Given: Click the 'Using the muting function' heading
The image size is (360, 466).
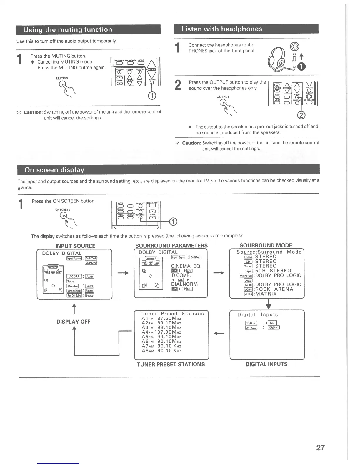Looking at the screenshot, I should [x=68, y=30].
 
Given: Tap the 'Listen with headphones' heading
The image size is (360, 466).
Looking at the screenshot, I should [x=221, y=29].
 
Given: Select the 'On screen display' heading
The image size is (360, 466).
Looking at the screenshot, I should [x=54, y=170].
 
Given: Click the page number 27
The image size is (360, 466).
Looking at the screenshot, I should [x=320, y=447].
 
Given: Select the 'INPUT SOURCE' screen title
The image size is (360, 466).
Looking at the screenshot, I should [x=75, y=246].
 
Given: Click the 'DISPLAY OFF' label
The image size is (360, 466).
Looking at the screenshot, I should [x=74, y=322].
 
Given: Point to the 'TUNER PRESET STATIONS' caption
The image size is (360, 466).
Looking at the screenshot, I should [x=171, y=364].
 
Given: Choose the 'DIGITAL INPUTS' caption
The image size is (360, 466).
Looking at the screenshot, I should [x=266, y=364].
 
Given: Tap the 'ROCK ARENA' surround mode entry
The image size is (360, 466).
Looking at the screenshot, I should [x=274, y=289].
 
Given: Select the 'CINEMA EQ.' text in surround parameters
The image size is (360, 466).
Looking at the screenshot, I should [x=186, y=266].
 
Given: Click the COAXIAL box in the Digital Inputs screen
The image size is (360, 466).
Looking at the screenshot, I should [x=251, y=323].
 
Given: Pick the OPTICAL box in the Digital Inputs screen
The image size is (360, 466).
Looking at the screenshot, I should [x=251, y=328].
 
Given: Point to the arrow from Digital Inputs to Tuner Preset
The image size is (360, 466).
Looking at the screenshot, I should [x=219, y=333].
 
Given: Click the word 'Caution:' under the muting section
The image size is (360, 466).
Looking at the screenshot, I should [x=33, y=112].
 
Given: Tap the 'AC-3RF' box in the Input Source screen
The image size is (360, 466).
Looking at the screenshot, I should [x=74, y=276].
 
